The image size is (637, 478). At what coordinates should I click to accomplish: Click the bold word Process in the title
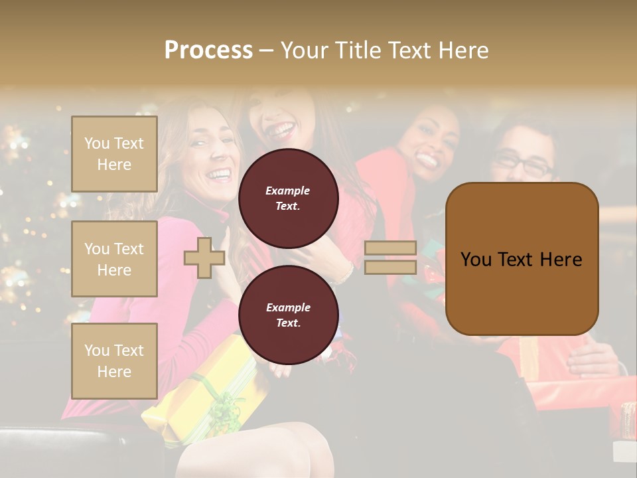(x=208, y=50)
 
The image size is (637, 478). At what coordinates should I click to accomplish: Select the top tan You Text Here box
(x=114, y=154)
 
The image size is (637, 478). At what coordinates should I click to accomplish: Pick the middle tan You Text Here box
(x=114, y=259)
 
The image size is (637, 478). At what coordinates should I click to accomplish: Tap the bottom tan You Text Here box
(x=114, y=361)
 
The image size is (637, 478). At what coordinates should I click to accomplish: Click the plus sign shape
(x=204, y=258)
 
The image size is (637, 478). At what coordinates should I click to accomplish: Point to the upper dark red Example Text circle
(x=288, y=198)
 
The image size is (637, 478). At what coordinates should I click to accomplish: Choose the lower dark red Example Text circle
(x=288, y=315)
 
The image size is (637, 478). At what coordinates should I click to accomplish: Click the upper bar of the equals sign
(x=390, y=248)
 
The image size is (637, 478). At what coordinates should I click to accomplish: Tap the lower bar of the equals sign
(x=390, y=268)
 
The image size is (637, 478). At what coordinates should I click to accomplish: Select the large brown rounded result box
(x=522, y=259)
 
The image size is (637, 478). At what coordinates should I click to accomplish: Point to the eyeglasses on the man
(x=525, y=163)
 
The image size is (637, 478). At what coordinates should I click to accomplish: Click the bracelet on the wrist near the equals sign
(x=345, y=273)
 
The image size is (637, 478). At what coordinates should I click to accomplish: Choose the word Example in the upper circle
(x=288, y=191)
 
